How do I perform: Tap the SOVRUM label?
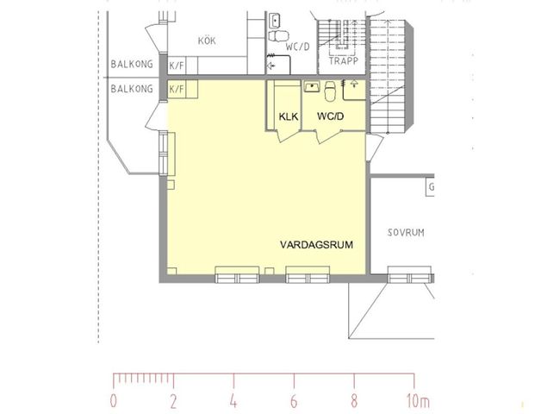coord(407,233)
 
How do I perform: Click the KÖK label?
coord(206,41)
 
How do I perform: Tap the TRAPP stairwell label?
coord(345,62)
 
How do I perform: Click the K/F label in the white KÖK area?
coord(177,66)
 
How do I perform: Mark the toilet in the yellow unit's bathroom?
coord(330,87)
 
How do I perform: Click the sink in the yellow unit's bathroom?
coord(310,87)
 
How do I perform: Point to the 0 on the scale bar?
coord(114,401)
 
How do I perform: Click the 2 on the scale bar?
coord(173,401)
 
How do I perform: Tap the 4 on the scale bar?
coord(233,401)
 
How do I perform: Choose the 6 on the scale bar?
coord(294,401)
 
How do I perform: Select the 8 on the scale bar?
coord(354,401)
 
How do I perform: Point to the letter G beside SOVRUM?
coord(431,187)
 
